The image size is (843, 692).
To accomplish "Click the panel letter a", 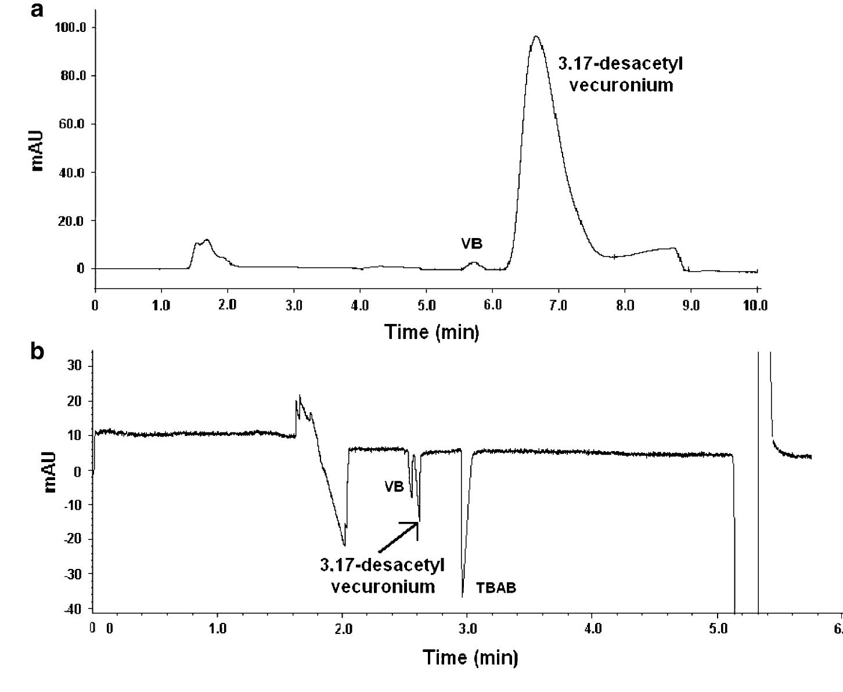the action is [37, 10].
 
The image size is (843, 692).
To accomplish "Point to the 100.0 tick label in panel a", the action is [71, 28].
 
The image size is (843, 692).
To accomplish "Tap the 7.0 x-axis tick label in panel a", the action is [559, 305].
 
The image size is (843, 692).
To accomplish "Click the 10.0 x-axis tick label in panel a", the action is [755, 305].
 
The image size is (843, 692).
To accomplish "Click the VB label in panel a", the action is [472, 243].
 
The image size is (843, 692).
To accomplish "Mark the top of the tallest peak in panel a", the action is [536, 37].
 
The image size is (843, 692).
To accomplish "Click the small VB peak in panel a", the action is [474, 262].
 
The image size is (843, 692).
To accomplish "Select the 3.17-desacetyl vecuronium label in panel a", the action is [621, 74].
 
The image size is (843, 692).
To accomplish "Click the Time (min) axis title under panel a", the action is [432, 332].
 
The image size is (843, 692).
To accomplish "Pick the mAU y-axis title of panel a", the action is [37, 151].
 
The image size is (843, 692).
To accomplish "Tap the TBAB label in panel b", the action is [496, 588].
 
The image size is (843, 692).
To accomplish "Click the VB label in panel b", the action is [394, 486].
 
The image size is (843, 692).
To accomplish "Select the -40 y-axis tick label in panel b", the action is [73, 608].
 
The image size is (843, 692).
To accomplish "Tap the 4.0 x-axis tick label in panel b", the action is [593, 629].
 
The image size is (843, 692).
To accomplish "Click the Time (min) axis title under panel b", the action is [470, 657].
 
